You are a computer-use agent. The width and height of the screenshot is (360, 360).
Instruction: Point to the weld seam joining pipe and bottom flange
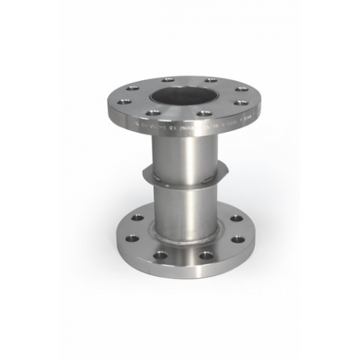(x=180, y=240)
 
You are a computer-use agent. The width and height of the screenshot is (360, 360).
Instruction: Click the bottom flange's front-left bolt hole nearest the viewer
(x=160, y=255)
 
